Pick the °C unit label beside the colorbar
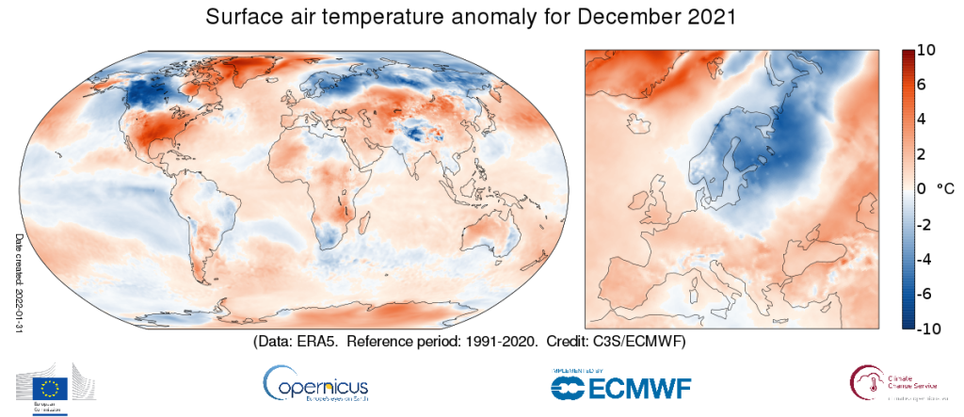click(943, 189)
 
